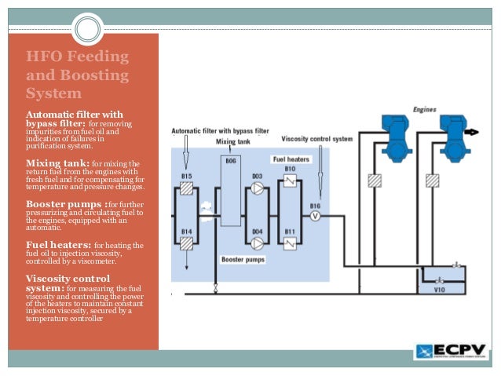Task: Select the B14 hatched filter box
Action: [185, 244]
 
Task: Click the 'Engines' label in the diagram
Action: [424, 109]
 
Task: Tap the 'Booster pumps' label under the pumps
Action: [242, 258]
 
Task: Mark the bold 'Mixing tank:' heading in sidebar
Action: [57, 163]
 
